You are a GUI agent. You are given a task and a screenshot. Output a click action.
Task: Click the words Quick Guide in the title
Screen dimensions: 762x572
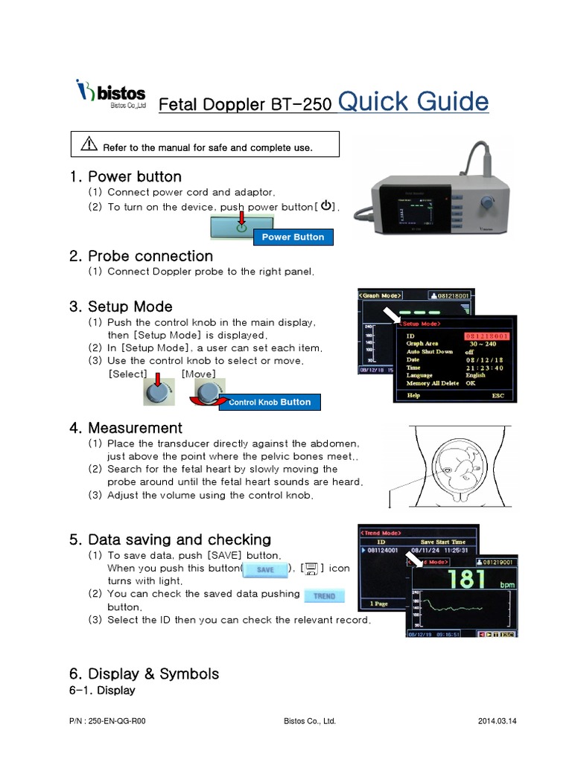click(x=413, y=101)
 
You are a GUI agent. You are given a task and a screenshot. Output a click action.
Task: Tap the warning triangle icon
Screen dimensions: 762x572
click(x=89, y=146)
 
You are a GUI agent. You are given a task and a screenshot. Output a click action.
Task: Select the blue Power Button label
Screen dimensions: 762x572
click(x=293, y=237)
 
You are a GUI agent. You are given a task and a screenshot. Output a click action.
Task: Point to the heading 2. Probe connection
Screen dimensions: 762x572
click(x=142, y=256)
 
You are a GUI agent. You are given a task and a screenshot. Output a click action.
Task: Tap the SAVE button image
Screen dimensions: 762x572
click(x=265, y=569)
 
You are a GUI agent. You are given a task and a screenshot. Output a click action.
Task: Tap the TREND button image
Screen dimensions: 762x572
click(x=324, y=595)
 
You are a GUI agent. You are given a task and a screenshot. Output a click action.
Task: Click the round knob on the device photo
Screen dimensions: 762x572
click(x=488, y=202)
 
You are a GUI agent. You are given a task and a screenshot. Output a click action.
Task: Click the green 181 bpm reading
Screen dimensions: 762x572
click(x=465, y=579)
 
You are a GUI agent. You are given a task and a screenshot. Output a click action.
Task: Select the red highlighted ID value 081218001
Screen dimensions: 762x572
click(x=489, y=336)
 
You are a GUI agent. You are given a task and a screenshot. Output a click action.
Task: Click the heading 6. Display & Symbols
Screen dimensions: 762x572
click(x=144, y=673)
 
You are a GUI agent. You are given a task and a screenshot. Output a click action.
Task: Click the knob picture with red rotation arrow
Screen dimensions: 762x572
click(x=208, y=393)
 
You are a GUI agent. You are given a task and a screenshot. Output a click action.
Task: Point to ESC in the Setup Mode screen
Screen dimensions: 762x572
click(x=497, y=396)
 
